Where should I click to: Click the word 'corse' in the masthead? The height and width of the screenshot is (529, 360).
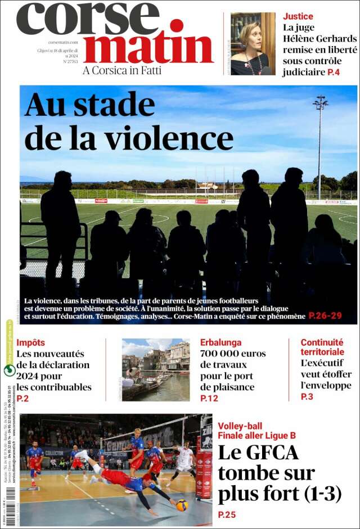(x=88, y=20)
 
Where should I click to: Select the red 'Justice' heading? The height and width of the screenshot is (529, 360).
(x=298, y=16)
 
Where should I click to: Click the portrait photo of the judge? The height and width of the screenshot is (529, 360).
(x=253, y=43)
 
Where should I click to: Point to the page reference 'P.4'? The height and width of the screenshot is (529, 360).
(x=334, y=72)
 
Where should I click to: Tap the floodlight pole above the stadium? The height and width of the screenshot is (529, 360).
(x=320, y=141)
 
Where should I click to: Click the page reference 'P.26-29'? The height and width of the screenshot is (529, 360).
(x=325, y=316)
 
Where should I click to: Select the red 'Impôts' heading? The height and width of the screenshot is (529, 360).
(x=30, y=342)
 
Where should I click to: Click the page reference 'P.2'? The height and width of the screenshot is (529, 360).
(x=22, y=399)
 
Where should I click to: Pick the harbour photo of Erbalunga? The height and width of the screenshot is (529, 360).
(x=156, y=369)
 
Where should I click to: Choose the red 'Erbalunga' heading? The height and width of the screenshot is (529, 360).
(x=220, y=342)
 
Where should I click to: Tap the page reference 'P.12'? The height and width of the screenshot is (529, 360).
(x=209, y=399)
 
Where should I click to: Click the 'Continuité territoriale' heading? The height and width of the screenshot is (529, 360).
(x=322, y=347)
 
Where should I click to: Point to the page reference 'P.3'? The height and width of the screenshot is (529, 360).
(x=307, y=397)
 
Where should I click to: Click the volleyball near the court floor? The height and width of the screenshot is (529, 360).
(x=182, y=505)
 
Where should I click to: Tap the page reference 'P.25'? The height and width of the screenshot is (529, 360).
(x=227, y=514)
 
